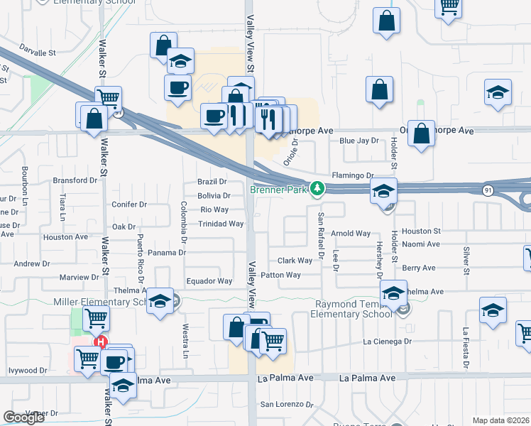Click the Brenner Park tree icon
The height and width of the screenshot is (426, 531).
click(x=319, y=189)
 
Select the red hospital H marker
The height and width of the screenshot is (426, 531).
click(x=101, y=342)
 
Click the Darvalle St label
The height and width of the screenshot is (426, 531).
click(x=37, y=53)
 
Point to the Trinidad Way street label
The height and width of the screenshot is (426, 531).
click(x=221, y=224)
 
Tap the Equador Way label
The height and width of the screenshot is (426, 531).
click(x=209, y=281)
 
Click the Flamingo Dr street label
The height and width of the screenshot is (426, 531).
click(x=352, y=175)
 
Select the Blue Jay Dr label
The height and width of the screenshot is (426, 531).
click(x=359, y=141)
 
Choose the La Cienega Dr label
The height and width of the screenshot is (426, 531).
click(x=388, y=342)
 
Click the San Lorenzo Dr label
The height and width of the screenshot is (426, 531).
click(x=287, y=405)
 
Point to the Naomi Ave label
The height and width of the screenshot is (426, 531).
click(x=421, y=244)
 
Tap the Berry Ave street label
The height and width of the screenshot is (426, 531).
click(x=419, y=268)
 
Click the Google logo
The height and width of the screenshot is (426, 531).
click(x=24, y=417)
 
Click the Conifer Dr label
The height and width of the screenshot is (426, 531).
click(x=129, y=204)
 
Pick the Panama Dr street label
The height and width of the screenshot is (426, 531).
click(x=168, y=252)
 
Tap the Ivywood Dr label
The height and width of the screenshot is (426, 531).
click(x=28, y=370)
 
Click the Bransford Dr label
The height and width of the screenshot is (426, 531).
click(x=75, y=180)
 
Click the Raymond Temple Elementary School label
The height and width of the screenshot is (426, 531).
click(x=352, y=309)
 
